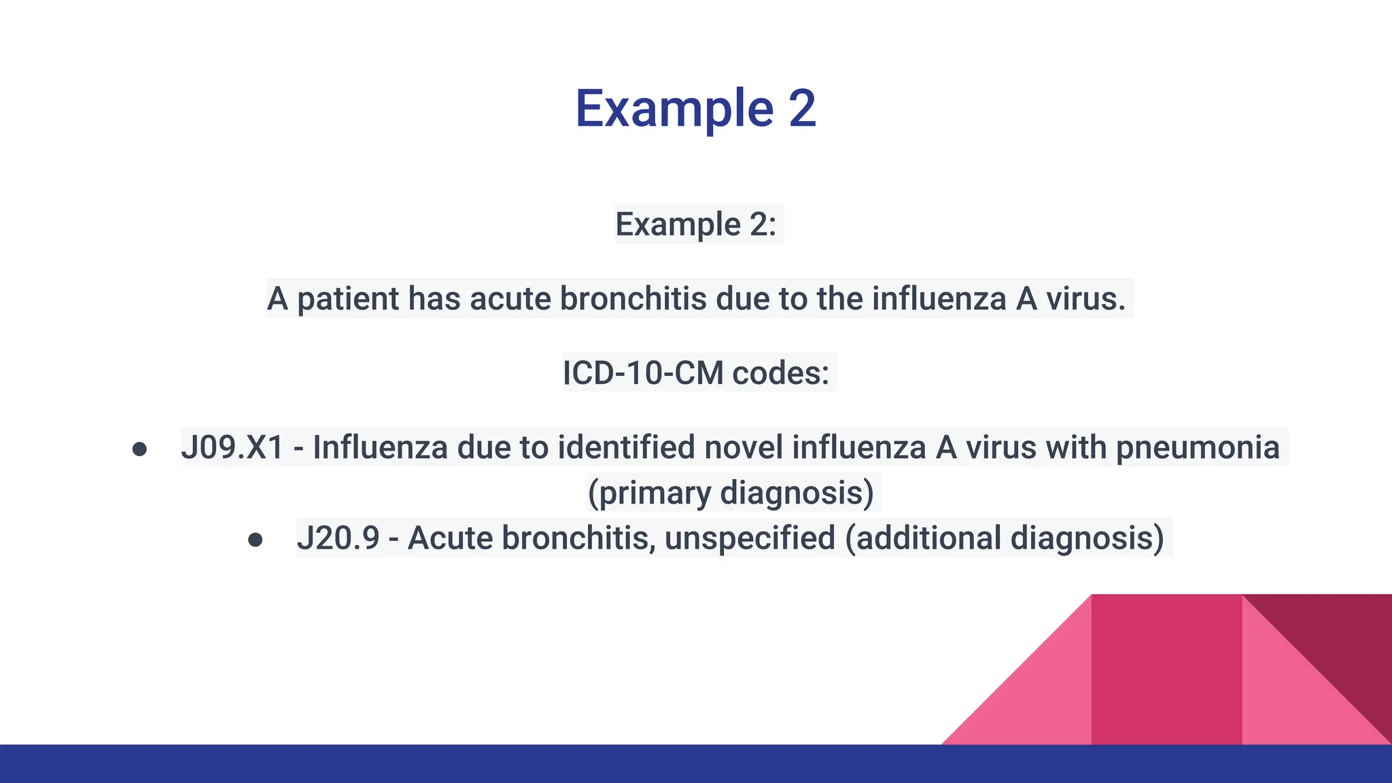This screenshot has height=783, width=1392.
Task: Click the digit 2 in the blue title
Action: pos(802,109)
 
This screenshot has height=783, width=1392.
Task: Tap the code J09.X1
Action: pos(232,448)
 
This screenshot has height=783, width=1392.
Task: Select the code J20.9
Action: pos(338,538)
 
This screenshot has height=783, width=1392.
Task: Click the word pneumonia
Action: pos(1198,448)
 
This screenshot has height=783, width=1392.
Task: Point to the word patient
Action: pos(347,299)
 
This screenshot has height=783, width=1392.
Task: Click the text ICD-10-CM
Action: pos(642,373)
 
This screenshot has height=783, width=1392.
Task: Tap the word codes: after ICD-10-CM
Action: pos(781,373)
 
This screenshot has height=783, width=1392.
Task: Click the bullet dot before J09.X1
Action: pos(139,449)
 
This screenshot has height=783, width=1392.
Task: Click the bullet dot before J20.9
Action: pos(256,540)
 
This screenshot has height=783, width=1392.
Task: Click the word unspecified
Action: pos(750,538)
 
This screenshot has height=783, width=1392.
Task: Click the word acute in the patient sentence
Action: pos(510,299)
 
